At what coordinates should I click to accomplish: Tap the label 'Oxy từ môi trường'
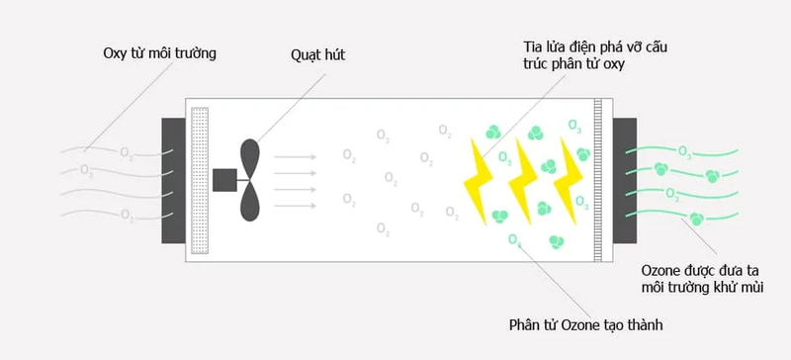[159, 52]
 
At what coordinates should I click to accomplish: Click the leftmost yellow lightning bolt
[483, 178]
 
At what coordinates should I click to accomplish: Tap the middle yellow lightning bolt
[524, 178]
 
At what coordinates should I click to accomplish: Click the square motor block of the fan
[225, 179]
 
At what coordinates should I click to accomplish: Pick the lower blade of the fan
[250, 203]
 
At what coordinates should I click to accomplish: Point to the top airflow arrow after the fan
[295, 155]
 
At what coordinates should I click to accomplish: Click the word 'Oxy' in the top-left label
[117, 52]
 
